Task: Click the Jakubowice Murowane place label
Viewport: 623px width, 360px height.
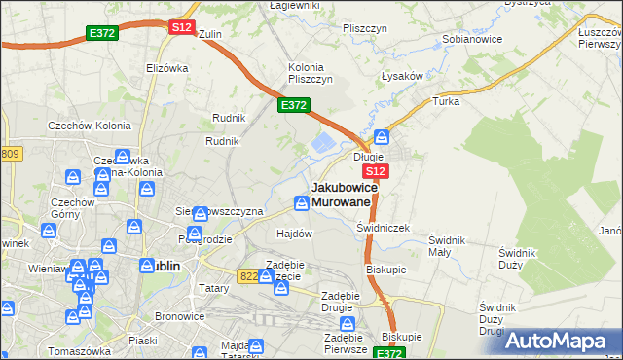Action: [342, 194]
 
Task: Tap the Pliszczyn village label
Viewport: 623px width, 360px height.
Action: [366, 28]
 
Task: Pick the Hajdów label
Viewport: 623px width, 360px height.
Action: [294, 234]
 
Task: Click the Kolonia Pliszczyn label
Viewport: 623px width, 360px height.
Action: [311, 73]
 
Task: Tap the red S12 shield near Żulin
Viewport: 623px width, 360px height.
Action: [181, 28]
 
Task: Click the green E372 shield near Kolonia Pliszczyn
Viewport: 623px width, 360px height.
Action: [294, 105]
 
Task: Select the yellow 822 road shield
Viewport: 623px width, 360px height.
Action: [249, 276]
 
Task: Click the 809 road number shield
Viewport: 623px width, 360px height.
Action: [11, 154]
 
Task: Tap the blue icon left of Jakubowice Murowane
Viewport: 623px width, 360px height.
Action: [302, 202]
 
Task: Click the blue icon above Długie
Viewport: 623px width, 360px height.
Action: [383, 137]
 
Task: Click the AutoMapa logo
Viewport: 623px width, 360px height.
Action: [562, 341]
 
